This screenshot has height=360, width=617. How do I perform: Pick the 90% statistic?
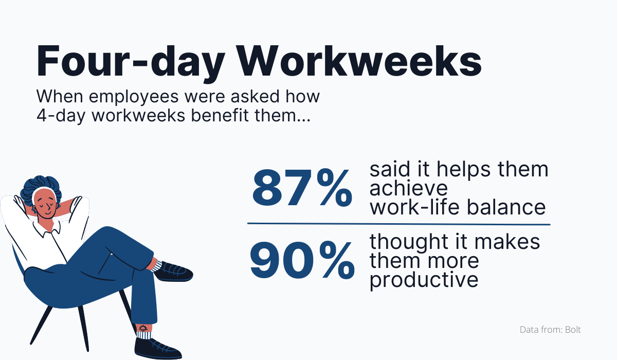tap(302, 261)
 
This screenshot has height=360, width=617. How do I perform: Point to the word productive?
tap(424, 280)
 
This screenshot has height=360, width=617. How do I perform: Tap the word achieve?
tap(409, 189)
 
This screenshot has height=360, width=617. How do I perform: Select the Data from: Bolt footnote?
tap(550, 330)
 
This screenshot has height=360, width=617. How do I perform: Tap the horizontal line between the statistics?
tap(398, 224)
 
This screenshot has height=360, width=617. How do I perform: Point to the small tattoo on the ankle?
tap(142, 328)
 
